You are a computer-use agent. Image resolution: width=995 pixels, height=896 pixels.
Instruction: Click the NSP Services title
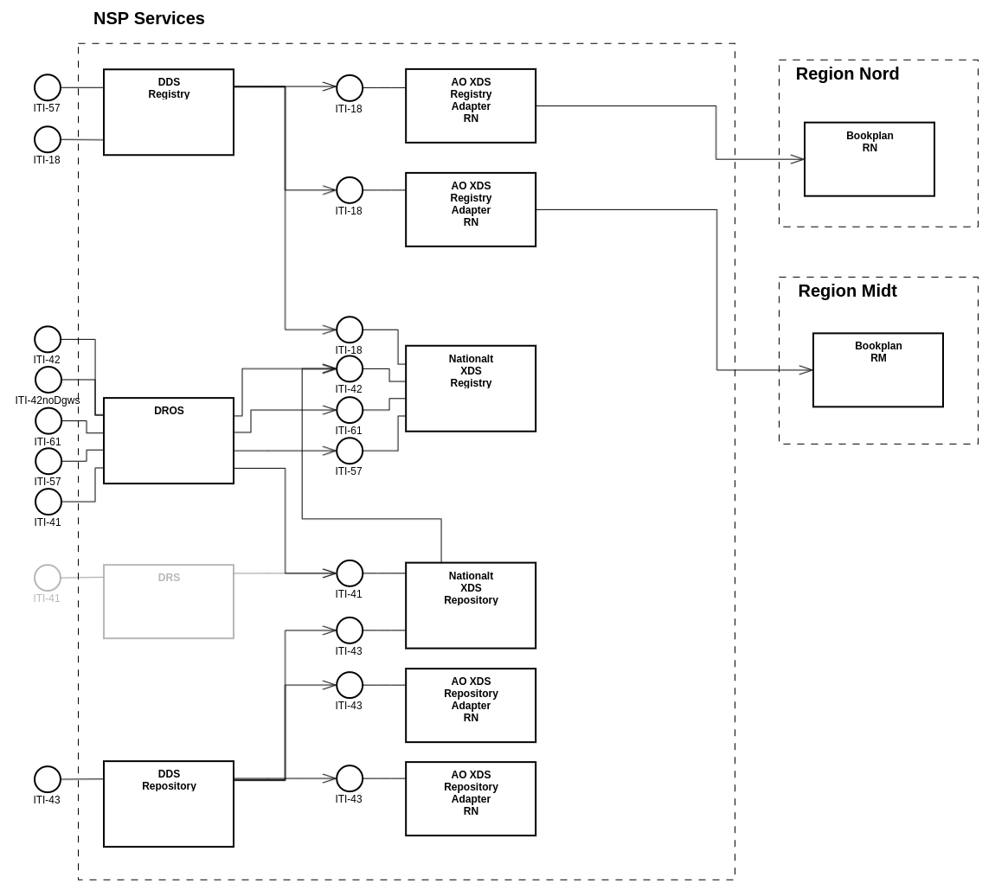coord(149,19)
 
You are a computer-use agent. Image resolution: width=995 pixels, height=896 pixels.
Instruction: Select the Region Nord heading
coord(847,74)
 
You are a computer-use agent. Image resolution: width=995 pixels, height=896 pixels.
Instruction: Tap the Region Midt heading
coord(847,291)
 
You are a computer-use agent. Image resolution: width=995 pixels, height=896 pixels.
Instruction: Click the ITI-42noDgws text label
coord(48,400)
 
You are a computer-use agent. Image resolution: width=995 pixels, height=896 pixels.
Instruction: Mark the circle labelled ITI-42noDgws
coord(48,380)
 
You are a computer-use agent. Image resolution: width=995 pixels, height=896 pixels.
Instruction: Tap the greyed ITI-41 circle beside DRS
coord(48,578)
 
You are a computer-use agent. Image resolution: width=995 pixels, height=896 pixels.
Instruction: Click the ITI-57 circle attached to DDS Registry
coord(48,87)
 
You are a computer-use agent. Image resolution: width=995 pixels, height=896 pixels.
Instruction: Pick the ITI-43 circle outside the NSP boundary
coord(48,779)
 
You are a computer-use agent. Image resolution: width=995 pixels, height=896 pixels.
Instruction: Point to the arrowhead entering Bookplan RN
coord(798,159)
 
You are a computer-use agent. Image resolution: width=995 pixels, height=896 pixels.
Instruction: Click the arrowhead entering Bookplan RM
coord(806,370)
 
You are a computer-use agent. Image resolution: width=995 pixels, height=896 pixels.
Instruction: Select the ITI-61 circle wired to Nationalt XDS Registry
coord(350,410)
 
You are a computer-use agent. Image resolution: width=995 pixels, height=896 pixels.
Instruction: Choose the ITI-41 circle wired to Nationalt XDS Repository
coord(350,573)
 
